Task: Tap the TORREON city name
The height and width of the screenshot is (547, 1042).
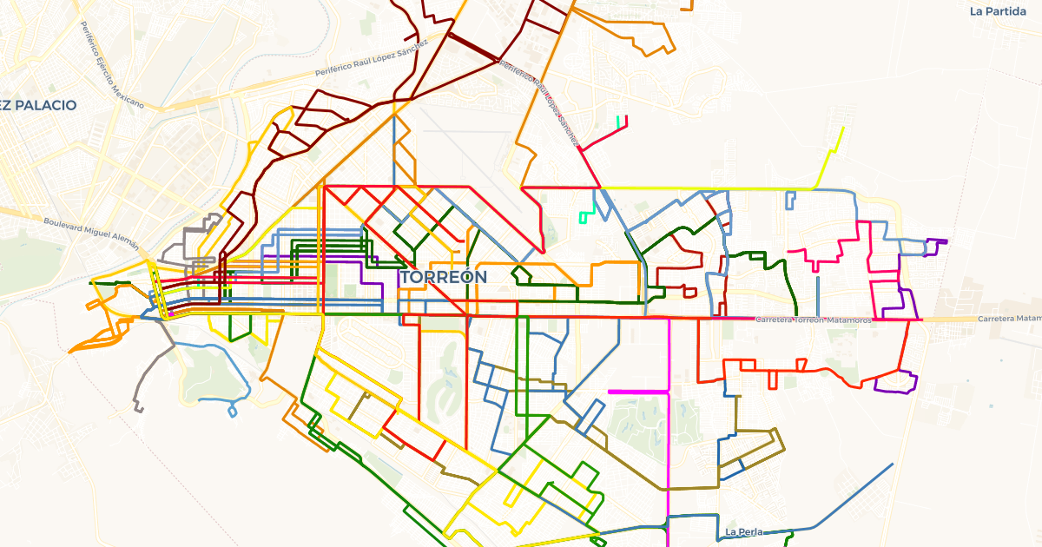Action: tap(443, 277)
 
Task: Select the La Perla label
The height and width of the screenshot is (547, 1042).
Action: tap(742, 531)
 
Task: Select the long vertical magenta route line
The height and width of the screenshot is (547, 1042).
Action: tap(669, 434)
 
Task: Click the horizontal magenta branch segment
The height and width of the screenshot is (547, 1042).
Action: tap(638, 392)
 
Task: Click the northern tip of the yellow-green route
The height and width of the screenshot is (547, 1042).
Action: tap(842, 129)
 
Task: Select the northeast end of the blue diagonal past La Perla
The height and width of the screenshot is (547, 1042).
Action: tap(892, 465)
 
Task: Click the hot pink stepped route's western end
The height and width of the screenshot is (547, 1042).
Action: tap(790, 252)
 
